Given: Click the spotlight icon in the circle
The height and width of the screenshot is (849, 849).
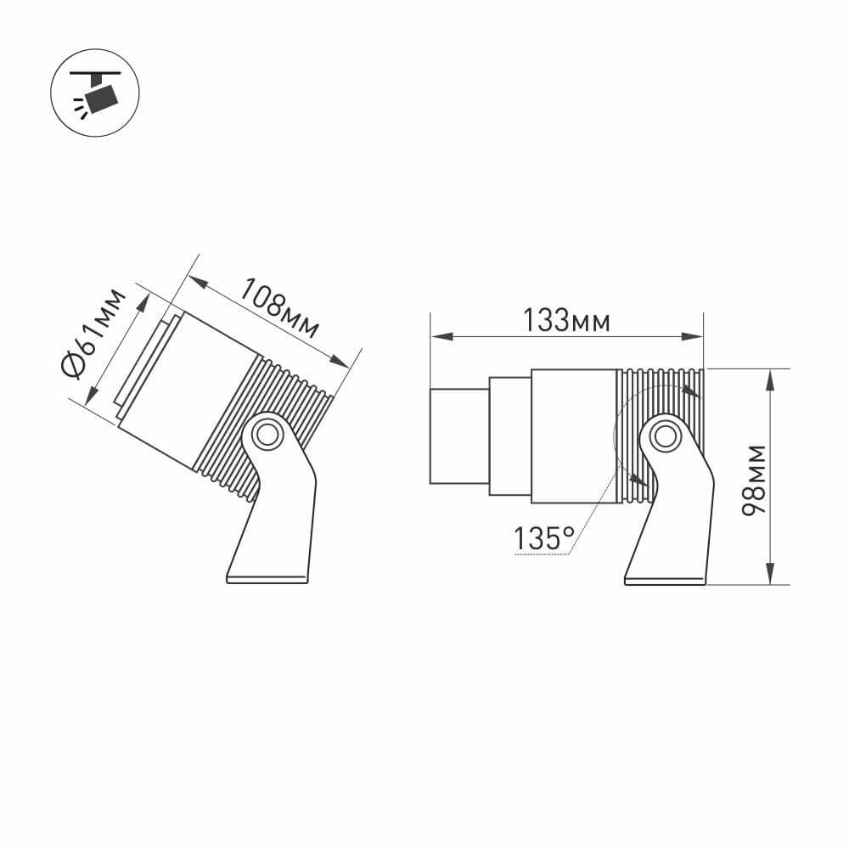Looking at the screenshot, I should click(x=94, y=93).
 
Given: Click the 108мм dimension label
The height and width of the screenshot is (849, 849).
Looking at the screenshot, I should click(x=279, y=307).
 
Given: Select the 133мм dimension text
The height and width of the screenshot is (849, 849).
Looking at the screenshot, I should click(x=566, y=321).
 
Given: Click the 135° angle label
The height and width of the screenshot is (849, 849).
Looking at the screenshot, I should click(x=544, y=537).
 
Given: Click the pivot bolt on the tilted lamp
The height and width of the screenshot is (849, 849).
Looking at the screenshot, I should click(x=267, y=434).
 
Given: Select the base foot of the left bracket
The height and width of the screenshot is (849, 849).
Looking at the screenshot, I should click(x=267, y=579).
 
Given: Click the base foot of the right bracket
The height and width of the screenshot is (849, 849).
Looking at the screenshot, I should click(x=665, y=581).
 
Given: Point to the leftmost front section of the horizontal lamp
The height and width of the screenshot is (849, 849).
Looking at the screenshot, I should click(x=459, y=436).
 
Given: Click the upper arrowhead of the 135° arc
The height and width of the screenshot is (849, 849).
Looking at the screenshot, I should click(x=692, y=392).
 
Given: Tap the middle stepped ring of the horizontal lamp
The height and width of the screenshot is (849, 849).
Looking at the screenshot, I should click(x=510, y=436).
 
